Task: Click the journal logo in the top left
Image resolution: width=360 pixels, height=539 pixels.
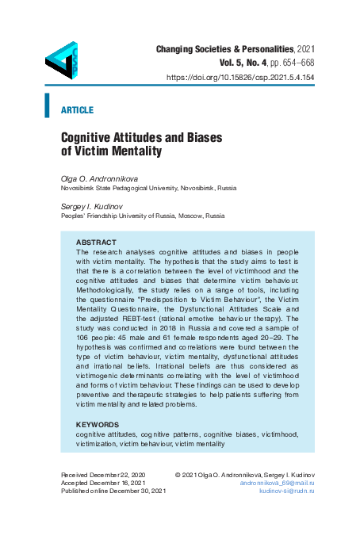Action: pos(61,59)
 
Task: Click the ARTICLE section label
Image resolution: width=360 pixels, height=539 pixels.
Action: pos(77,109)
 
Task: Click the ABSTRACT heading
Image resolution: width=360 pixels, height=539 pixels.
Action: pos(96,241)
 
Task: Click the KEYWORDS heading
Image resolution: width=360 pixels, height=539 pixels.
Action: pos(98,425)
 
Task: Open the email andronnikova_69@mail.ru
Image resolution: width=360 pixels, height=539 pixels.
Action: pos(277,483)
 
